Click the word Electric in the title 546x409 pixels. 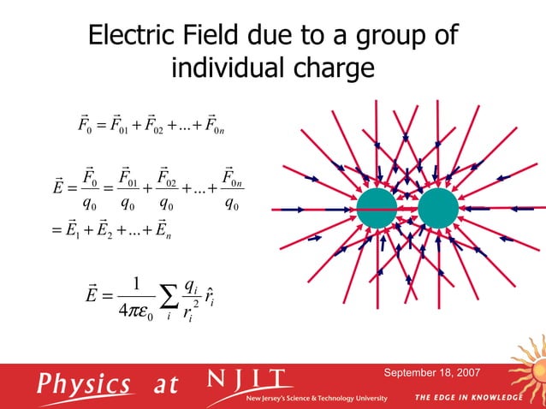tap(133, 37)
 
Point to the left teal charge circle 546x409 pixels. tap(377, 209)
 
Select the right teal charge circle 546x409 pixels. tap(439, 209)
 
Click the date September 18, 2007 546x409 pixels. tap(431, 373)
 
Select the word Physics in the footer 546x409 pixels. tap(84, 384)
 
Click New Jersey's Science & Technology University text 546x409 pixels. tap(317, 399)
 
